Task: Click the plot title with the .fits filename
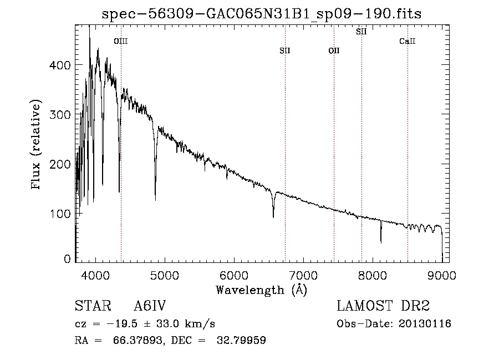click(x=262, y=14)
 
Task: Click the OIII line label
click(x=121, y=41)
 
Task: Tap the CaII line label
click(x=408, y=41)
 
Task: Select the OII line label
click(x=334, y=50)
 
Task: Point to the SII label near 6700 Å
click(x=285, y=50)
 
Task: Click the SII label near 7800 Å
click(x=361, y=32)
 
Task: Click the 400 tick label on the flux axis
click(x=60, y=65)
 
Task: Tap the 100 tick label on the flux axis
click(x=60, y=214)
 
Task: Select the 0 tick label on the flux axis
click(x=67, y=258)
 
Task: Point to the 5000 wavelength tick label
click(x=165, y=275)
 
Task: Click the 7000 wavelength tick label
click(x=303, y=275)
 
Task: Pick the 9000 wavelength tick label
click(x=442, y=275)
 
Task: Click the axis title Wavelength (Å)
click(x=262, y=290)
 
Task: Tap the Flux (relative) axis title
click(x=35, y=145)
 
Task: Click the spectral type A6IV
click(x=150, y=306)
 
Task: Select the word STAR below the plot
click(x=93, y=306)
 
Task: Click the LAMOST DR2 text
click(x=383, y=306)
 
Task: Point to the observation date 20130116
click(x=425, y=324)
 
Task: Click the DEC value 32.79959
click(x=241, y=340)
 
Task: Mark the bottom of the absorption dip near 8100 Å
click(x=381, y=243)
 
